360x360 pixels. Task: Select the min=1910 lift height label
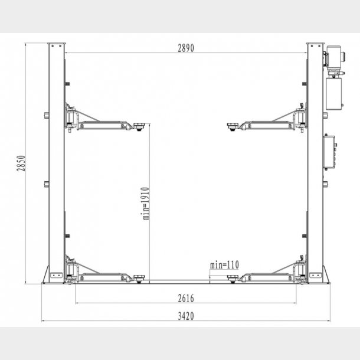point(145,203)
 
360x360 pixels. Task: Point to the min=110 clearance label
point(224,264)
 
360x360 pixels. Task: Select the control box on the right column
point(328,151)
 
